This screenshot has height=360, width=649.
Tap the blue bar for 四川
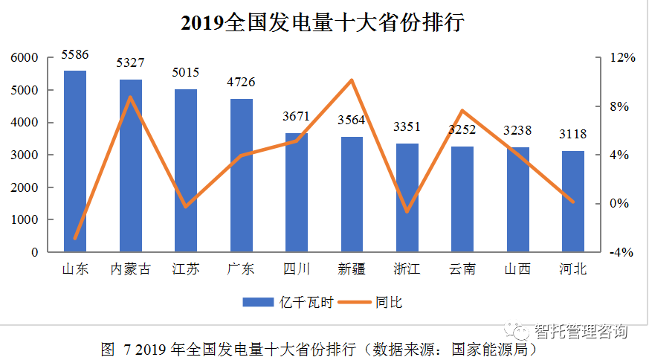coord(297,193)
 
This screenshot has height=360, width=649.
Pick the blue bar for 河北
coord(573,202)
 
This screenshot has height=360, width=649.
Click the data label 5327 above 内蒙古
coord(130,62)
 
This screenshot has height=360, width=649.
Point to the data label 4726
coord(241,81)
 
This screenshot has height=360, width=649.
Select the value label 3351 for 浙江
coord(407,126)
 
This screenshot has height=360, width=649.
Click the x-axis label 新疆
coord(352,269)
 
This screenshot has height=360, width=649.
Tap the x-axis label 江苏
coord(185,269)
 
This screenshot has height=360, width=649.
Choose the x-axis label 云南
coord(462,269)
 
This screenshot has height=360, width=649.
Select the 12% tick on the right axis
coord(622,58)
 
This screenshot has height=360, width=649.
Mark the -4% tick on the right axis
coord(622,252)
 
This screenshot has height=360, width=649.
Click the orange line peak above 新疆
coord(352,80)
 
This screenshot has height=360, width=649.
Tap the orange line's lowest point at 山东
coord(75,238)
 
